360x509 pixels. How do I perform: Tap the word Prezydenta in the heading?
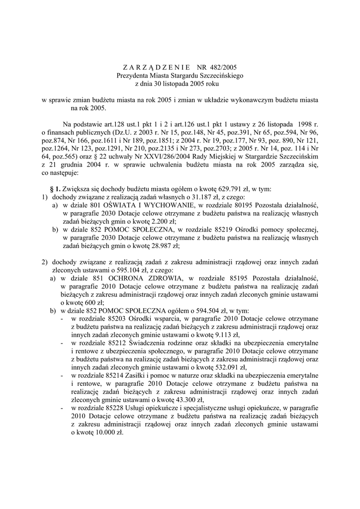(x=132, y=75)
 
